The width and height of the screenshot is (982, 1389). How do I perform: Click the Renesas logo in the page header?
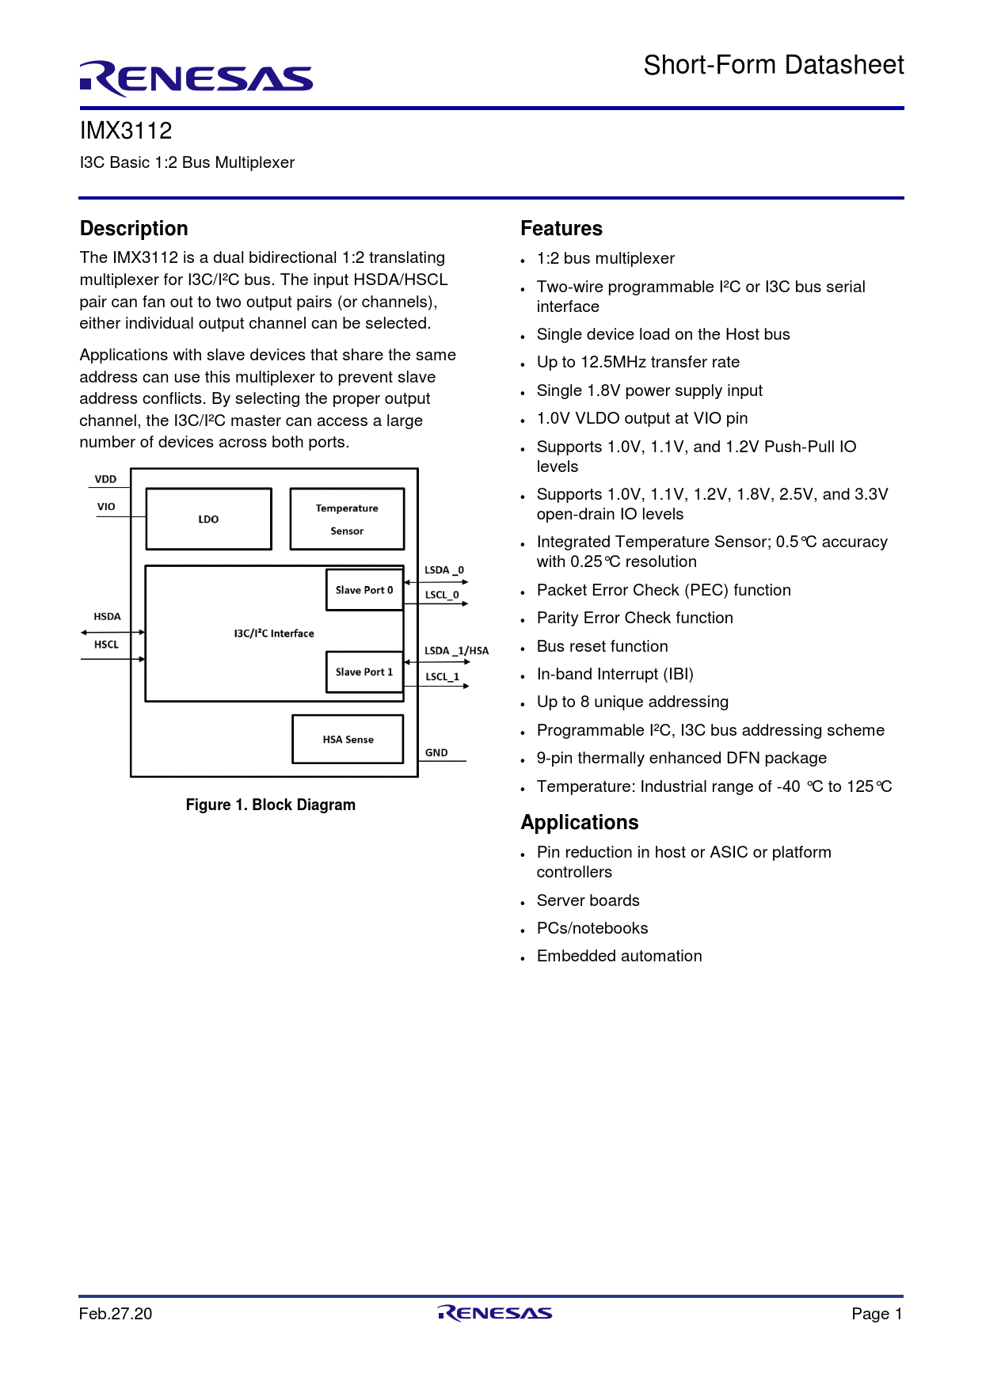tap(196, 78)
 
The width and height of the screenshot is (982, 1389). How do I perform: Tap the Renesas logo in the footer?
tap(494, 1313)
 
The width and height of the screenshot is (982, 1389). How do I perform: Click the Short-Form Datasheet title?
tap(773, 65)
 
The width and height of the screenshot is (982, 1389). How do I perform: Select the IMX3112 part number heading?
tap(126, 131)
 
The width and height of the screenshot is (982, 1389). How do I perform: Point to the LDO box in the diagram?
tap(208, 519)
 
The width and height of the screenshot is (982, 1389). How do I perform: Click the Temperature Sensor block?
tap(347, 519)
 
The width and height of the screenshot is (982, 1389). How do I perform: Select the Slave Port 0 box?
tap(364, 590)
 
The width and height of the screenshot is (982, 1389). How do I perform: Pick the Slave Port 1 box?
tap(364, 672)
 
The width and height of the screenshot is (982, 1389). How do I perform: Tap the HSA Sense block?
tap(348, 740)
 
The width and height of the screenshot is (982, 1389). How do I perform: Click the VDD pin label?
tap(105, 479)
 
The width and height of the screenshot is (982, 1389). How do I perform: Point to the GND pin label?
tap(436, 752)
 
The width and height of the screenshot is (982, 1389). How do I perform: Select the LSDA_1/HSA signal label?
tap(456, 651)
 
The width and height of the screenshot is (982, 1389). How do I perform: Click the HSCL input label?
tap(106, 645)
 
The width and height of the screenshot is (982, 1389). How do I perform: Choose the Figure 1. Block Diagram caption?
tap(271, 805)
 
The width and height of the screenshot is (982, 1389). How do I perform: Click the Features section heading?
tap(561, 229)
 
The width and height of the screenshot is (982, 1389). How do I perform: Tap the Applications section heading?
tap(580, 823)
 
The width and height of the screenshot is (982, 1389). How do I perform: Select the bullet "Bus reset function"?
tap(602, 646)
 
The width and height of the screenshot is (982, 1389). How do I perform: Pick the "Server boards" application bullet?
tap(588, 900)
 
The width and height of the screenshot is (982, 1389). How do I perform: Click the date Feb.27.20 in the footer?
tap(116, 1314)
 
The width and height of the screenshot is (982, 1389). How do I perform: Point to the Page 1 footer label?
tap(877, 1314)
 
